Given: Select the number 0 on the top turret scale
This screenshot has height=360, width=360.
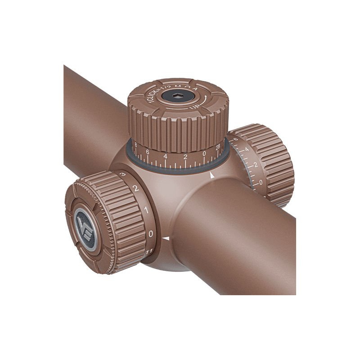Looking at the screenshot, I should point(204,154).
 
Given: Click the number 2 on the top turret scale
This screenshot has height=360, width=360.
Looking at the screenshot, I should point(185,157).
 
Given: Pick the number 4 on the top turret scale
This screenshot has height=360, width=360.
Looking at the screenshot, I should point(166,156).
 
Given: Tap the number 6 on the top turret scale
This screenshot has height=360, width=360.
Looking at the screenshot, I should point(148,153).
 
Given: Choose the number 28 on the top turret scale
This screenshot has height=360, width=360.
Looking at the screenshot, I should point(219,148).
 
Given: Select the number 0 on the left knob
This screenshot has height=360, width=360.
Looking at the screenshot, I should point(151,233).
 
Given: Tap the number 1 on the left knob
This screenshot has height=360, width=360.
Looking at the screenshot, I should point(145,210).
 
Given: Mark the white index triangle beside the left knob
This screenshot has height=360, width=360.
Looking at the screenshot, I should point(166,238).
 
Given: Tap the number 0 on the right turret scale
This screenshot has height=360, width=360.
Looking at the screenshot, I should point(261,182).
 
